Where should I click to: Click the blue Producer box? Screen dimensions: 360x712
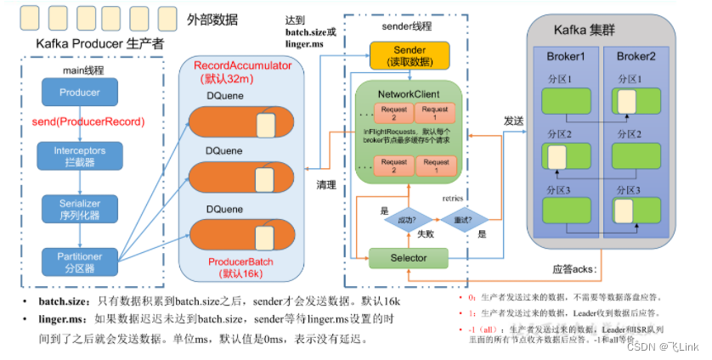click(79, 93)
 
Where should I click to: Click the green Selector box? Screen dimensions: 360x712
click(410, 256)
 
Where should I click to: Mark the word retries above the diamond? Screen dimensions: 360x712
click(455, 198)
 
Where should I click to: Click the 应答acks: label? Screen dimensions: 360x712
click(579, 269)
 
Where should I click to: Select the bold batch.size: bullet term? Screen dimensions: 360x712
click(64, 301)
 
